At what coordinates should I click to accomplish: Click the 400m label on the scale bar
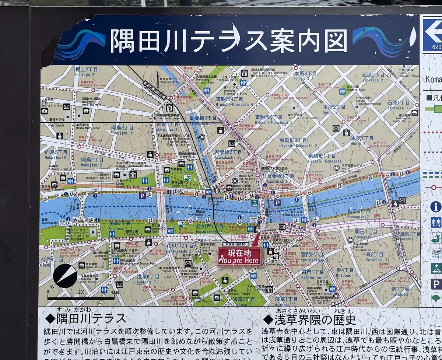[115, 292]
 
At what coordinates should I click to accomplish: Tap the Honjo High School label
[86, 127]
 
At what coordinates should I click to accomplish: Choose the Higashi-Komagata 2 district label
[293, 143]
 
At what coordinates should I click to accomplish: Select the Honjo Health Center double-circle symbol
[336, 167]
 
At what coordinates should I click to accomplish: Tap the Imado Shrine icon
[81, 265]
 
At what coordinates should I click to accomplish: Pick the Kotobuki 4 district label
[345, 272]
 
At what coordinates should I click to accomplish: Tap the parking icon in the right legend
[436, 284]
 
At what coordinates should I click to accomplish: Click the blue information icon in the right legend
[436, 206]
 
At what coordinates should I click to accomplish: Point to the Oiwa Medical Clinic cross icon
[45, 110]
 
